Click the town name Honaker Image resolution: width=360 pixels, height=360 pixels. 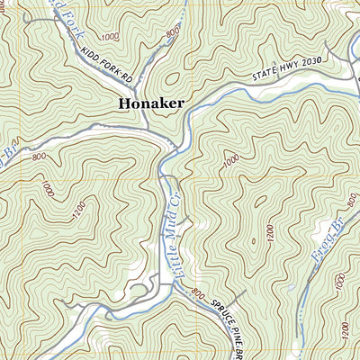click(150, 103)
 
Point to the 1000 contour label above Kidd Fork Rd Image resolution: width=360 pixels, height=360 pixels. click(111, 37)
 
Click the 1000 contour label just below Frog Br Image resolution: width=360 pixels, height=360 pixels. click(338, 282)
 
